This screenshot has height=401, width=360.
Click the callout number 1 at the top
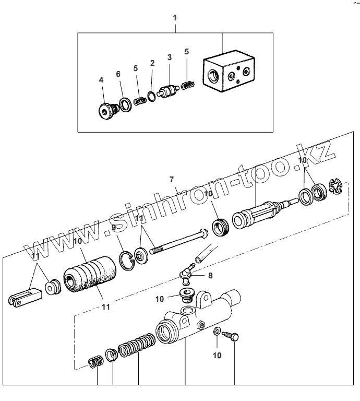[x=175, y=17]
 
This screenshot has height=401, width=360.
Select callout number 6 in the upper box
[x=118, y=74]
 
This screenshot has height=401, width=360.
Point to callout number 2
[x=152, y=63]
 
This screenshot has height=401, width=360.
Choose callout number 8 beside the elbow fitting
[x=210, y=275]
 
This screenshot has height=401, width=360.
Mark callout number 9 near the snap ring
[x=113, y=228]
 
